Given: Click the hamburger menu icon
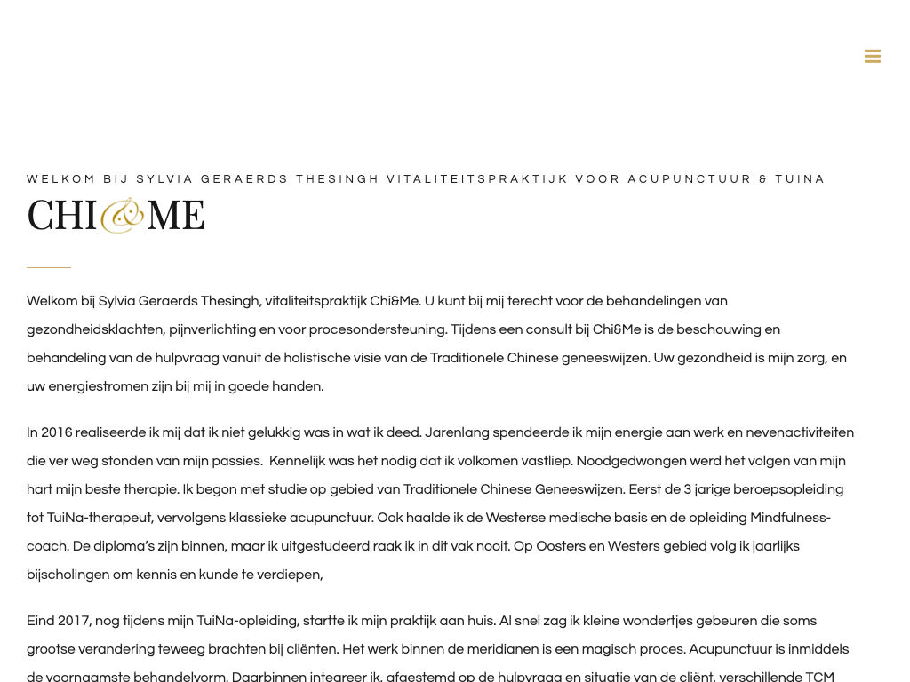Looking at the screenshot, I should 873,57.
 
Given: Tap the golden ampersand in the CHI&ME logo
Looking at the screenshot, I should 122,216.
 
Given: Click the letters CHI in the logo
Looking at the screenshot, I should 61,216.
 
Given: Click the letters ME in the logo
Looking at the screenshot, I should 175,216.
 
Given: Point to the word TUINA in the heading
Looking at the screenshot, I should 800,179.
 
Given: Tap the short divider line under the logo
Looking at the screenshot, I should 49,267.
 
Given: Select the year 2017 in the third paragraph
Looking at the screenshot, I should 75,621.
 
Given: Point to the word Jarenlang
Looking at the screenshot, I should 456,432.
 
